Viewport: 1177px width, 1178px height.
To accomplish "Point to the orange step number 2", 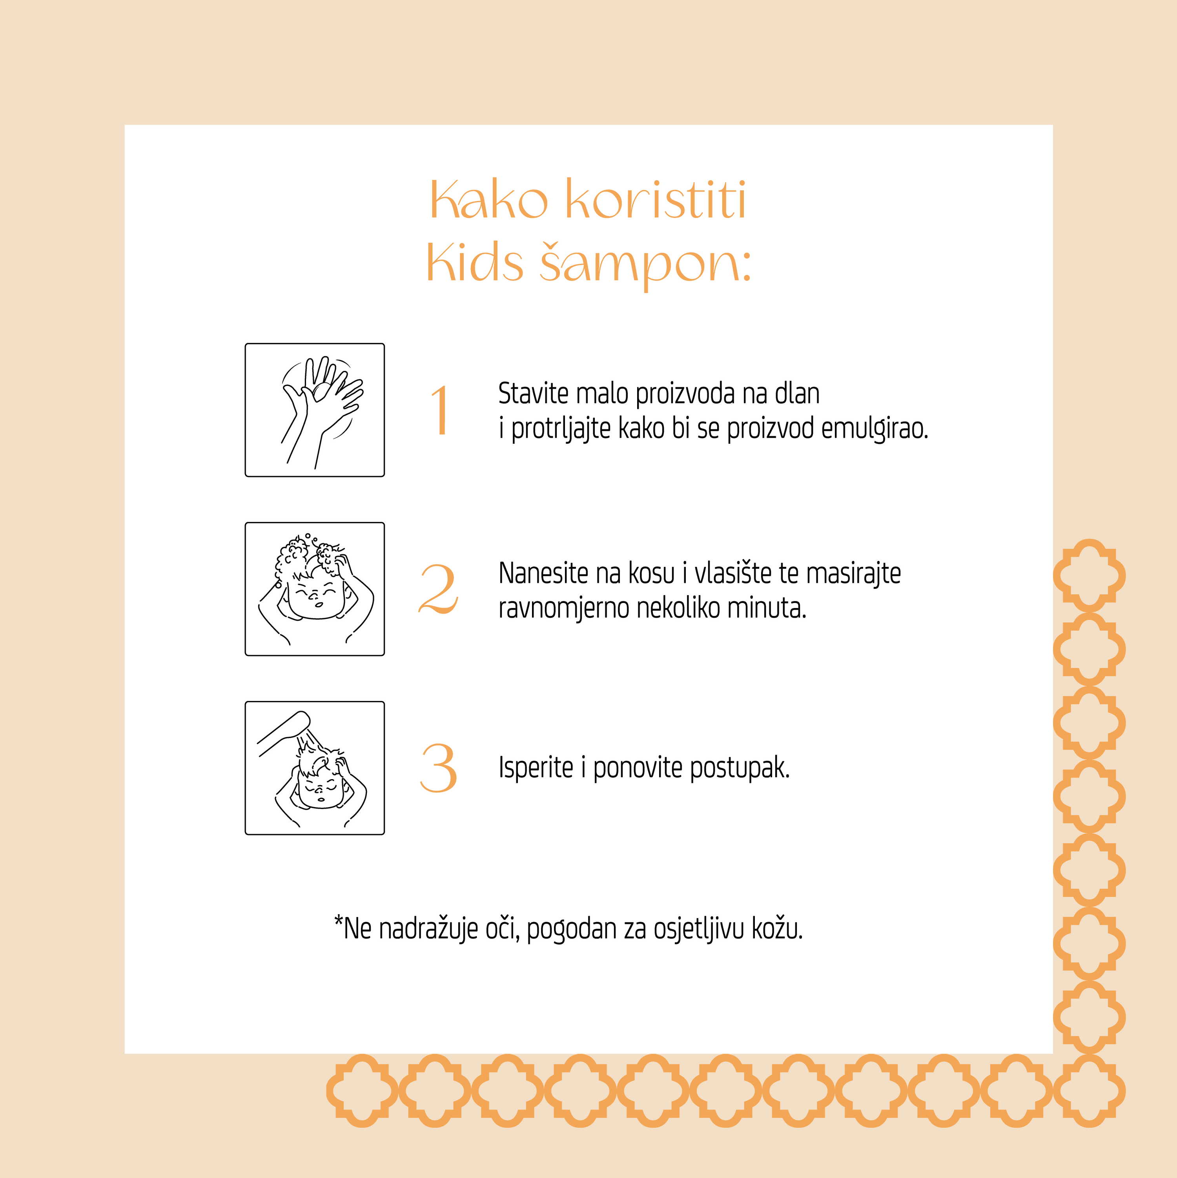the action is pyautogui.click(x=438, y=588).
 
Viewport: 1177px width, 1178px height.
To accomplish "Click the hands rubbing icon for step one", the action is pyautogui.click(x=315, y=410).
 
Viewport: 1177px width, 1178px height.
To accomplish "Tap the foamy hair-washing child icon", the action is pyautogui.click(x=315, y=589).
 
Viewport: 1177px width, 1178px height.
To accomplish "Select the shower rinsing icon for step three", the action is pyautogui.click(x=315, y=768).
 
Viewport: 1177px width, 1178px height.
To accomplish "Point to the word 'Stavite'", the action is pyautogui.click(x=533, y=393).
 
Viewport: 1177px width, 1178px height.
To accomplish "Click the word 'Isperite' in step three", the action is pyautogui.click(x=536, y=768).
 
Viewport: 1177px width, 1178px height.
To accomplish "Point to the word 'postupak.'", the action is pyautogui.click(x=740, y=768).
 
